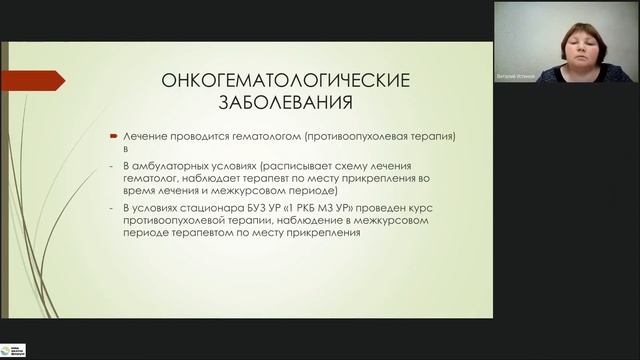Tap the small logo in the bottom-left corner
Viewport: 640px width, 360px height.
tap(13, 349)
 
